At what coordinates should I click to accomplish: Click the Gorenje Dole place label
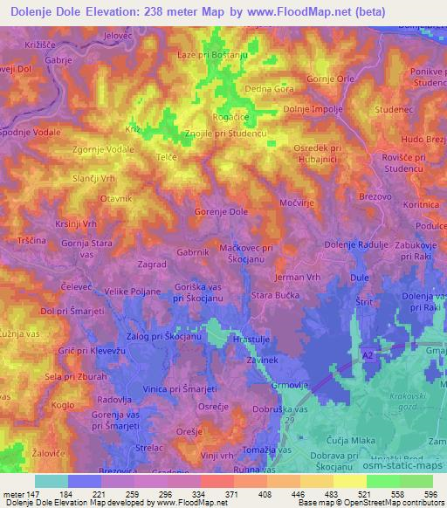pyautogui.click(x=221, y=212)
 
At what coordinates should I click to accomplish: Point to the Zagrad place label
pyautogui.click(x=152, y=263)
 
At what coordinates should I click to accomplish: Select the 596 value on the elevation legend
pyautogui.click(x=430, y=495)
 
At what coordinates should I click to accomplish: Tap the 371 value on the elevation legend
pyautogui.click(x=223, y=495)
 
